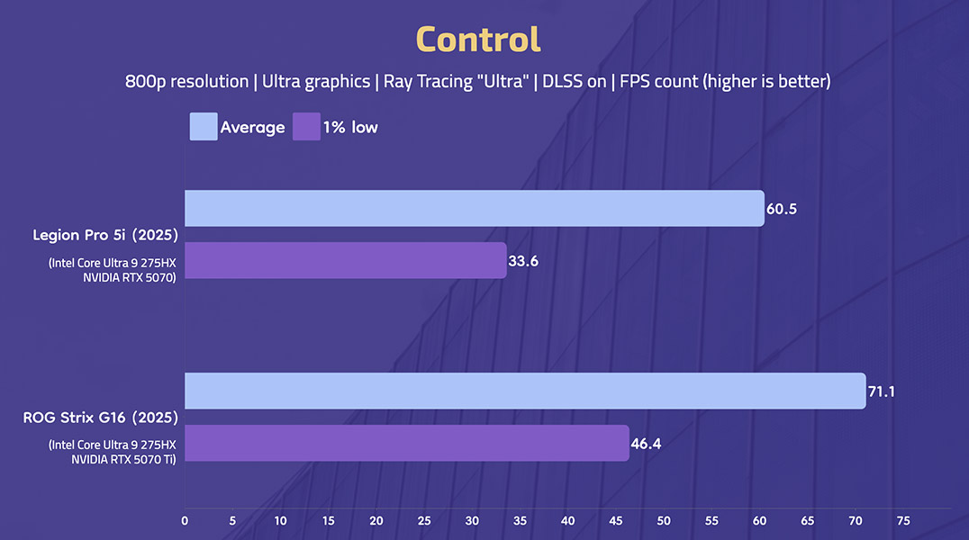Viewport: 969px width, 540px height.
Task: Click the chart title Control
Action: pyautogui.click(x=478, y=40)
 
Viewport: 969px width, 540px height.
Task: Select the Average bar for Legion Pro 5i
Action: pyautogui.click(x=474, y=208)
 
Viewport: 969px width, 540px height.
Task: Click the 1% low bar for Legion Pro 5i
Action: pyautogui.click(x=345, y=260)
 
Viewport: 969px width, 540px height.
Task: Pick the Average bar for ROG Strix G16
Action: pyautogui.click(x=524, y=391)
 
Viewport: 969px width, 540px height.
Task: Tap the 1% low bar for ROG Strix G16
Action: pyautogui.click(x=406, y=443)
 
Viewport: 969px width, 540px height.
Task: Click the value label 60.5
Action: pyautogui.click(x=782, y=209)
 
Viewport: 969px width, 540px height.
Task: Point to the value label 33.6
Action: pyautogui.click(x=524, y=261)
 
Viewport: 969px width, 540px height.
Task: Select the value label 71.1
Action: pyautogui.click(x=882, y=391)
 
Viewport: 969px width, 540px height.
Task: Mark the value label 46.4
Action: pyautogui.click(x=647, y=444)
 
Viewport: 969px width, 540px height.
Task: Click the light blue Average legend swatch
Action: pyautogui.click(x=204, y=127)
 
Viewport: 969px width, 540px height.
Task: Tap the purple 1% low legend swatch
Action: pyautogui.click(x=306, y=127)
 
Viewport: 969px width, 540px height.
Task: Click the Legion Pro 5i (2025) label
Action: pyautogui.click(x=104, y=236)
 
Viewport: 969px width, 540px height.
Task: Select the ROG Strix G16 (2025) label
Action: pyautogui.click(x=101, y=418)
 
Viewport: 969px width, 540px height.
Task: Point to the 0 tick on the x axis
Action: pyautogui.click(x=185, y=520)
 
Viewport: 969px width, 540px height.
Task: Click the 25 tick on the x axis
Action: pyautogui.click(x=424, y=520)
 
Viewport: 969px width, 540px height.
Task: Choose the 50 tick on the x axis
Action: pyautogui.click(x=664, y=520)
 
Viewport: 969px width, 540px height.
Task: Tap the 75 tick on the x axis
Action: pyautogui.click(x=903, y=520)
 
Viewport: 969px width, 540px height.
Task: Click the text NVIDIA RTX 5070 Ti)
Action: pyautogui.click(x=123, y=459)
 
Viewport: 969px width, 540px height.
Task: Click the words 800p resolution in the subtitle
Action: pyautogui.click(x=186, y=81)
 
